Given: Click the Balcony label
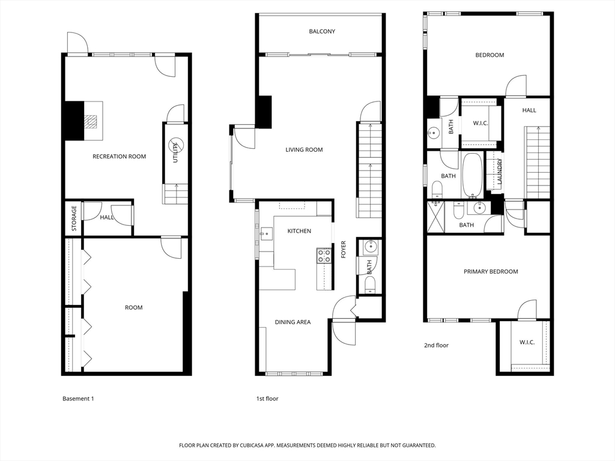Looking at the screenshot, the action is coord(322,31).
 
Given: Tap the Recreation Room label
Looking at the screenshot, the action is coord(120,157).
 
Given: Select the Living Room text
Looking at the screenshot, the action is coord(304,149).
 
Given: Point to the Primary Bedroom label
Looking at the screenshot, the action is coord(491,272).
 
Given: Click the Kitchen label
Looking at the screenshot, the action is coord(299,231).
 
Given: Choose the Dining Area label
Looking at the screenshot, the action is coord(292,322).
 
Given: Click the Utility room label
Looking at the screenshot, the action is coord(175,153).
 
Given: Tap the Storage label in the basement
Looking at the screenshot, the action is coord(74,218).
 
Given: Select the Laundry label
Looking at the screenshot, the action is coord(499,171).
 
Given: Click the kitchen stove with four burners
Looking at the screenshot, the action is coord(324,255).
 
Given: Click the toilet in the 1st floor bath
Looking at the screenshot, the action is coord(370,285).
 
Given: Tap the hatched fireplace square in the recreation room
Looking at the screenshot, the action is coord(91,121).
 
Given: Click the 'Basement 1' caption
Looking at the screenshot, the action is coord(78,399).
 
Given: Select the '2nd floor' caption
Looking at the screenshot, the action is coord(436,345).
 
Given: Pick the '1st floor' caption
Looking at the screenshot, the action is coord(267,399).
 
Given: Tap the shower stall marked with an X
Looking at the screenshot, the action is coord(436,217).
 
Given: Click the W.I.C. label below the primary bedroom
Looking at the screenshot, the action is coord(527,342).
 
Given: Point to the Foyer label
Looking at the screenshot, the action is coord(344,249).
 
